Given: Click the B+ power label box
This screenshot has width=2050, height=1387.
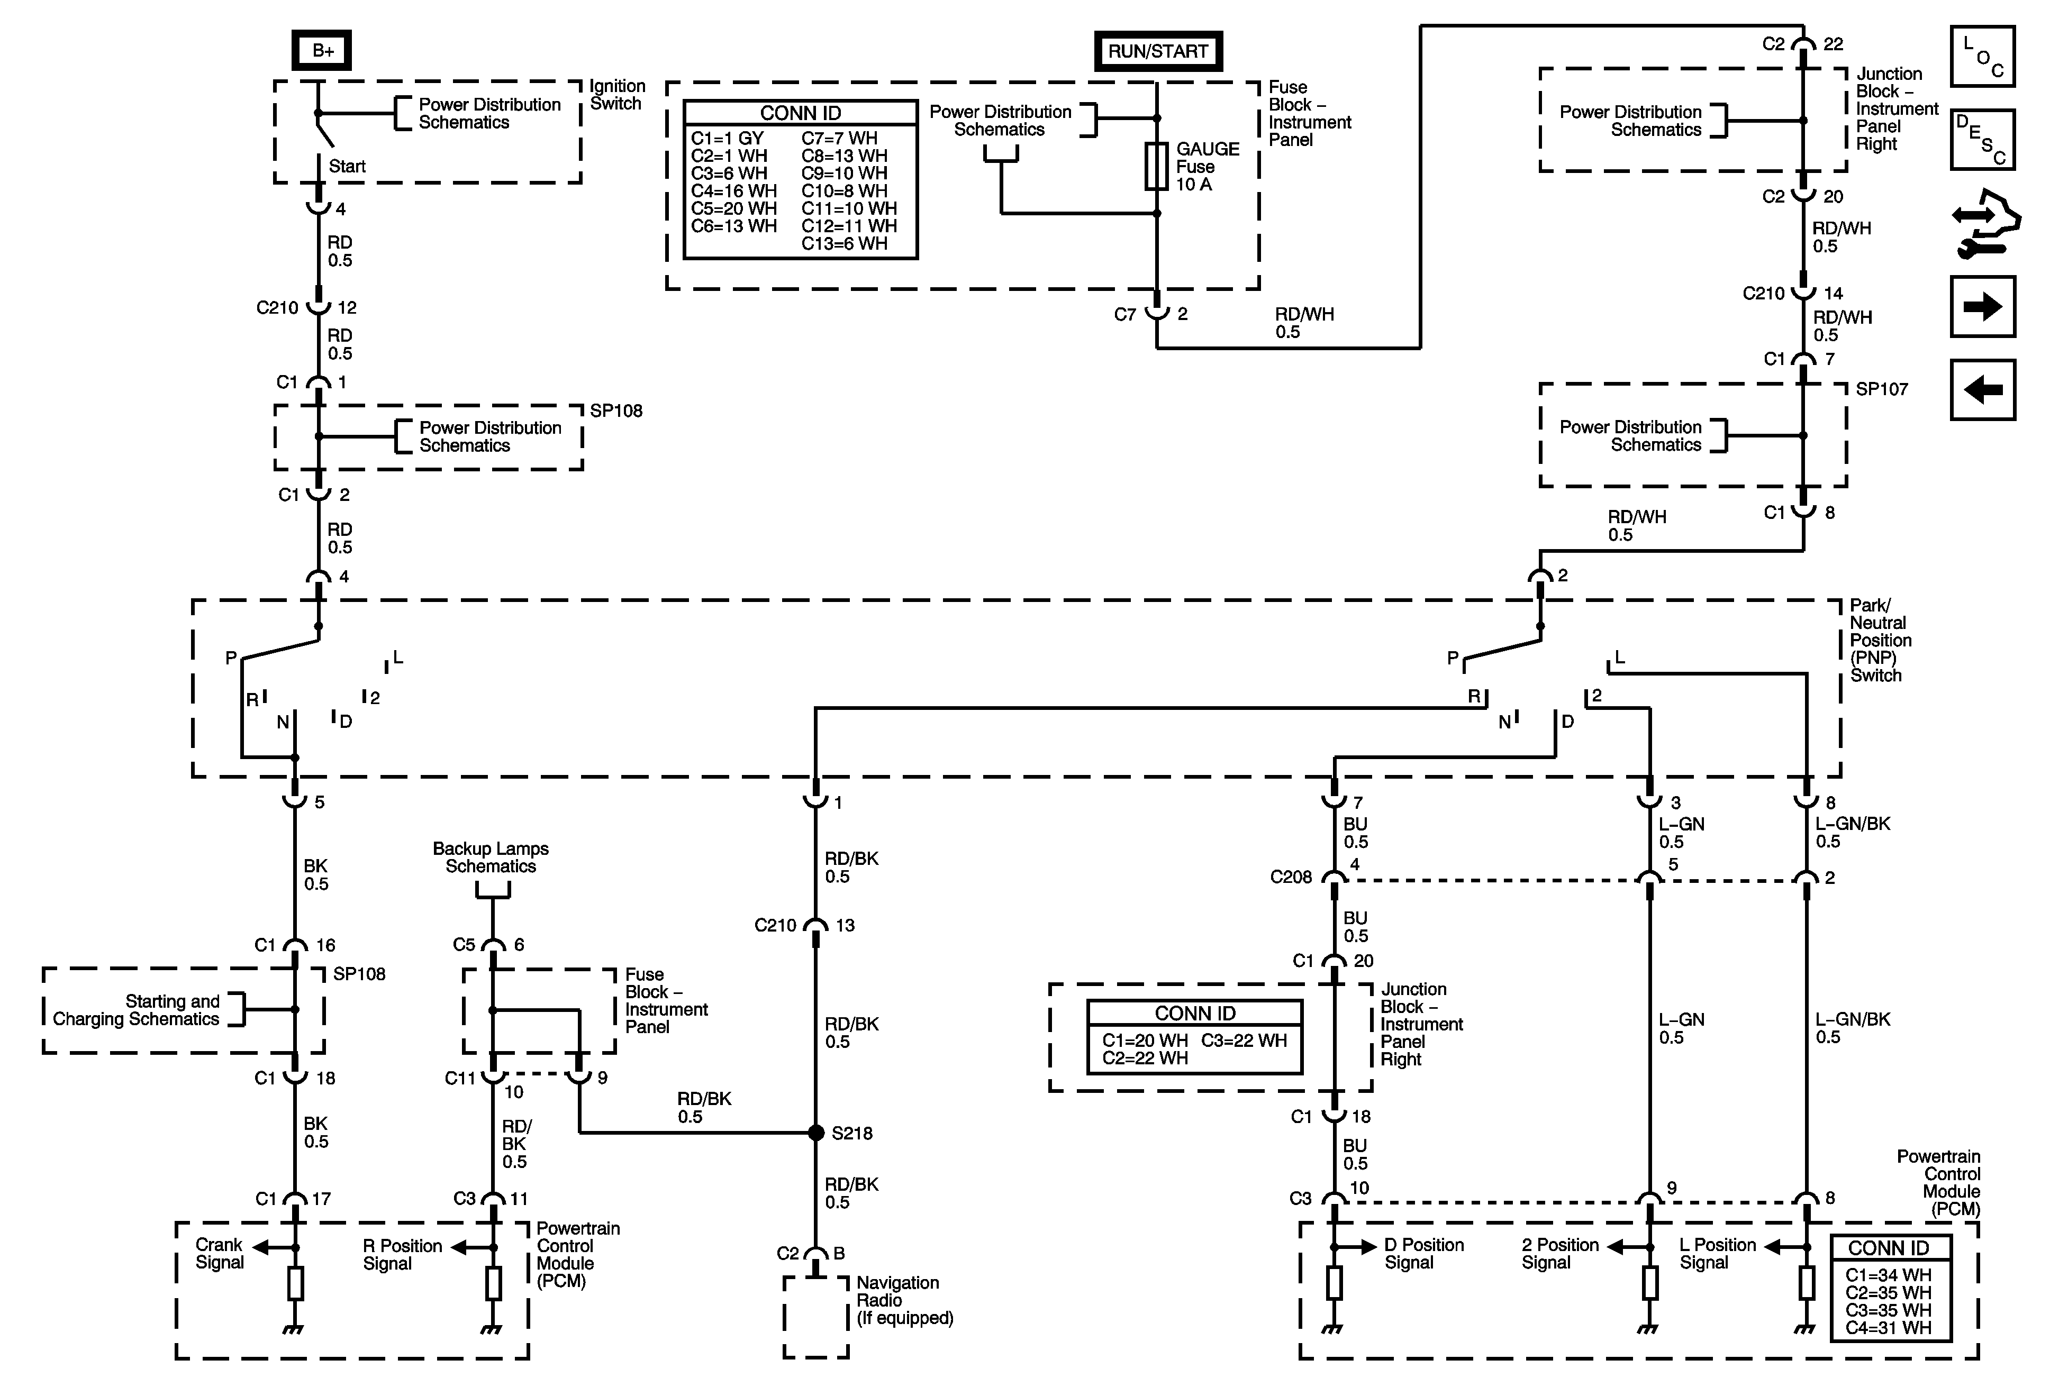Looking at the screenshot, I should [322, 51].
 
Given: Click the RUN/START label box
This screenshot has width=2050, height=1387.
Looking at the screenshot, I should [1157, 51].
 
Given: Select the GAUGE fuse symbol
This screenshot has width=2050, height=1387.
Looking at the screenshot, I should [1156, 166].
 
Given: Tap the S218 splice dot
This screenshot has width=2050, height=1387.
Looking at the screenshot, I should [816, 1132].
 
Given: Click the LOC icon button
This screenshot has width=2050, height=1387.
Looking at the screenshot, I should [1983, 57].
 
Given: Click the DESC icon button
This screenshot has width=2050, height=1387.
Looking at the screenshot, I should [1983, 139].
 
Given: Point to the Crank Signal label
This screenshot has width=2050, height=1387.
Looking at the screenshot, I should [219, 1253].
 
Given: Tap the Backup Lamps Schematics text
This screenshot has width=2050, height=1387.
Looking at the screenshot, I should [491, 857].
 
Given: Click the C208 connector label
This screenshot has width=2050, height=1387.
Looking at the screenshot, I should [1291, 878].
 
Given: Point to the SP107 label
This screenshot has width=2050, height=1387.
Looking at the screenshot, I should [1882, 389].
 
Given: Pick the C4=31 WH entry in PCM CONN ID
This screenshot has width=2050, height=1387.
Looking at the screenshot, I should [1888, 1327].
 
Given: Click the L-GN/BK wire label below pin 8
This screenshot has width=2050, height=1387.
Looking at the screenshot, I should [1853, 833].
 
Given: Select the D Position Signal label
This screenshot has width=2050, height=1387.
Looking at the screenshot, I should [1423, 1253].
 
